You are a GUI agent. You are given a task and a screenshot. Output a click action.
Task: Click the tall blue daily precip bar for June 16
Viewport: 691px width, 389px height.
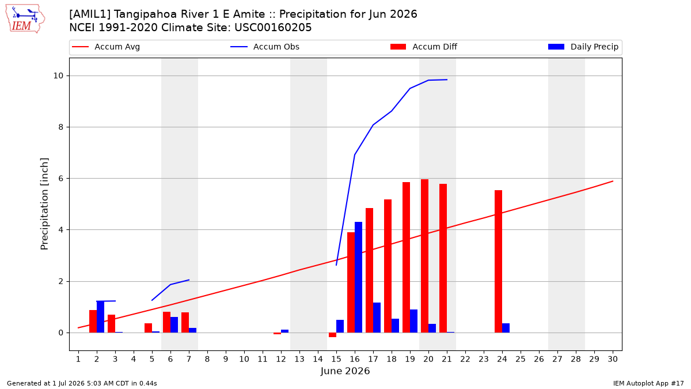click(x=358, y=277)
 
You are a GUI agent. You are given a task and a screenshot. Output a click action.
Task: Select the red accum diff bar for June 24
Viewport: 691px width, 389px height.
click(x=498, y=262)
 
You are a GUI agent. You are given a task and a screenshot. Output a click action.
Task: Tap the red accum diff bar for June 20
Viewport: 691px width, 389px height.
click(x=424, y=256)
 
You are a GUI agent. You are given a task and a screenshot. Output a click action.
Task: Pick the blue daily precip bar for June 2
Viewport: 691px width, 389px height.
click(x=100, y=317)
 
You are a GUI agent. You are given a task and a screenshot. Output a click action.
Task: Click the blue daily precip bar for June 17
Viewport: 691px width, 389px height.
click(x=377, y=318)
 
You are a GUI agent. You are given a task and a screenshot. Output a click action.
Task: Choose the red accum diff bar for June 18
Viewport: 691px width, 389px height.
click(x=388, y=266)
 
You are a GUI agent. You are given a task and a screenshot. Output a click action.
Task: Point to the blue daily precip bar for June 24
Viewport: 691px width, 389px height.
click(x=506, y=328)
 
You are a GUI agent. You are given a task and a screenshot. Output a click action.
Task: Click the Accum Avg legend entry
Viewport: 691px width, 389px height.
click(x=106, y=47)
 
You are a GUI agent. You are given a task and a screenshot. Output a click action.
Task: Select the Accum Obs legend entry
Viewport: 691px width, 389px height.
click(x=265, y=47)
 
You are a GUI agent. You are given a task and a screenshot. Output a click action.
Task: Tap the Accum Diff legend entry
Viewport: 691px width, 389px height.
click(x=424, y=47)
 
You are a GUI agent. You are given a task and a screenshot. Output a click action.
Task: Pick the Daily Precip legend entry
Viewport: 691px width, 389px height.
click(x=583, y=47)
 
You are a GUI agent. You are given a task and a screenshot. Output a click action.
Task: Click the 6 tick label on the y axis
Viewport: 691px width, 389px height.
click(x=60, y=179)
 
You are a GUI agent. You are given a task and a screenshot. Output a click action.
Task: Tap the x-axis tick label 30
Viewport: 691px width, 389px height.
click(x=613, y=359)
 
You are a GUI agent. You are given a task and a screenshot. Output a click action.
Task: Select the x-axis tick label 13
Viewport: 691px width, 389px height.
click(x=299, y=359)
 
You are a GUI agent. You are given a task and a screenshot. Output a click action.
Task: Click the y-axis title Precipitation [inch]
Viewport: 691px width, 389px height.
click(x=44, y=204)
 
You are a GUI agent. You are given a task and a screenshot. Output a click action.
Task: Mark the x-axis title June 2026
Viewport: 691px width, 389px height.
click(x=345, y=371)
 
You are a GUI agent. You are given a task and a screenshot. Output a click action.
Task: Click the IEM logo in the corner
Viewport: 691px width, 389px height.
click(x=25, y=19)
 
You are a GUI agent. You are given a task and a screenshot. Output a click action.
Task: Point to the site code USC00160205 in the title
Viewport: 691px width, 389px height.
click(x=273, y=28)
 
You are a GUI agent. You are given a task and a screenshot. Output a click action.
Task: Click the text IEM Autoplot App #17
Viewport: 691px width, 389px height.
click(x=648, y=383)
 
